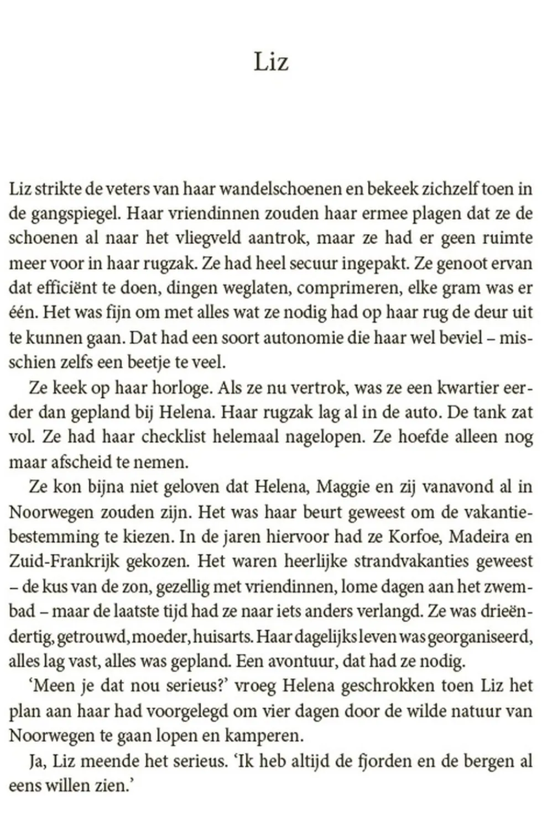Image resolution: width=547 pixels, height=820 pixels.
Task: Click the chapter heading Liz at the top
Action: click(271, 62)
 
